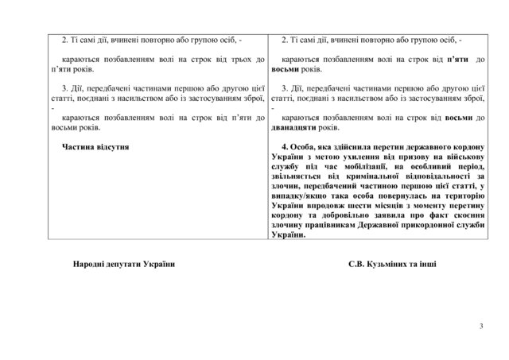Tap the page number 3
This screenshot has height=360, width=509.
coord(482,327)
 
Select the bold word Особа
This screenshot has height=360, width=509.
coord(305,147)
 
